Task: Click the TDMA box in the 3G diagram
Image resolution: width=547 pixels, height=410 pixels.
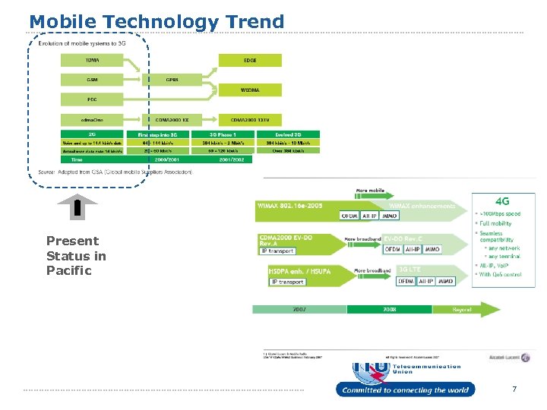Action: (x=91, y=60)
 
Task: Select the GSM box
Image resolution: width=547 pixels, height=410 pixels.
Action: (x=91, y=79)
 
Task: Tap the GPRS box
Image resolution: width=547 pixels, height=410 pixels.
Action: (x=172, y=79)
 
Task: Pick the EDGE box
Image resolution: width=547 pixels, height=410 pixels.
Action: (x=250, y=60)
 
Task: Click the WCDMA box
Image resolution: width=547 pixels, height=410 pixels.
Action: (x=250, y=90)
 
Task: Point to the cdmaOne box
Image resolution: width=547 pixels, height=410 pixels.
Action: (x=91, y=118)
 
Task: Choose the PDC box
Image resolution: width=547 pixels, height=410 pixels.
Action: (x=91, y=99)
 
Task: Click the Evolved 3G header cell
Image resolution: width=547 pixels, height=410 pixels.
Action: (x=288, y=134)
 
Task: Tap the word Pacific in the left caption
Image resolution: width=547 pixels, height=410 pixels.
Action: (x=68, y=270)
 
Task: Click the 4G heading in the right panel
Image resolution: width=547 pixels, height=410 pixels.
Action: (x=503, y=202)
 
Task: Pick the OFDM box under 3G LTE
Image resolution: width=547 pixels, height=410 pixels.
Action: (x=406, y=281)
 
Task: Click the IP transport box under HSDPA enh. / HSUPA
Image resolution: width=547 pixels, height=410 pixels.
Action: (x=287, y=282)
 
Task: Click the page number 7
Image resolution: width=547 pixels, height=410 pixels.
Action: (x=514, y=389)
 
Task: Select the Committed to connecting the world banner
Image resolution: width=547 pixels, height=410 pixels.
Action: (x=405, y=390)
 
